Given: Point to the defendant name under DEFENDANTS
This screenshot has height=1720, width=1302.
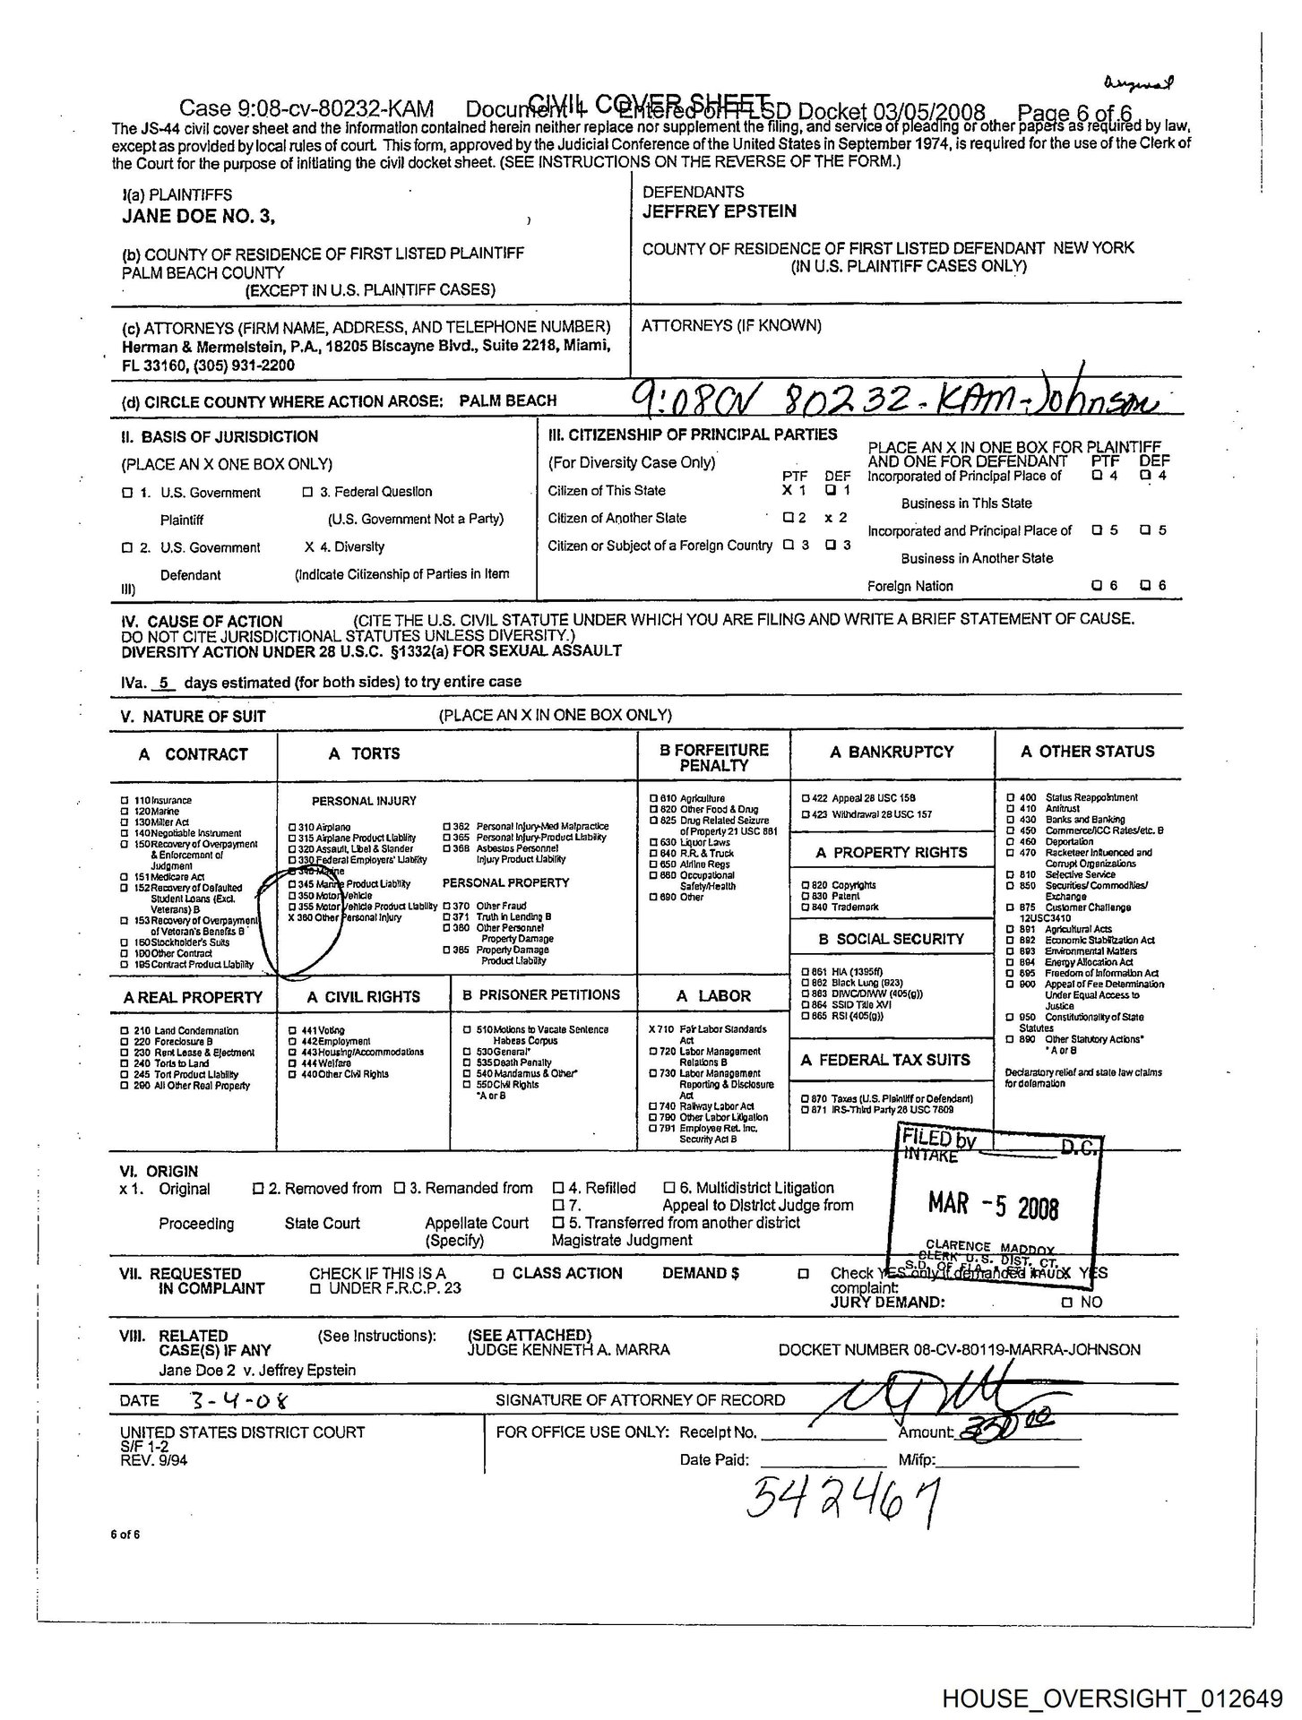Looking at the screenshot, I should [x=719, y=211].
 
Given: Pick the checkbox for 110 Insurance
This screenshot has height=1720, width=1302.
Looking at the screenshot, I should [x=125, y=800].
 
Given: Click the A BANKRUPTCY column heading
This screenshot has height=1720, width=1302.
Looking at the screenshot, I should [x=892, y=752].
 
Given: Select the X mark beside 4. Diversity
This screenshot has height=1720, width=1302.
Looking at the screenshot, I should [x=309, y=546].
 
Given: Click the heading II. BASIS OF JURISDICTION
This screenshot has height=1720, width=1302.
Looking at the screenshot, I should [x=220, y=437].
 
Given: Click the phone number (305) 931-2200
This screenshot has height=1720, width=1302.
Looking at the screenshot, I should [x=239, y=366].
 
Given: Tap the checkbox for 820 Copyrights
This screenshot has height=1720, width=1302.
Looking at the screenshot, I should [x=805, y=885].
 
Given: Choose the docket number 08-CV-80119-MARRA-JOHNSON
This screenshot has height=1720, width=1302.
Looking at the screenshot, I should [x=959, y=1349].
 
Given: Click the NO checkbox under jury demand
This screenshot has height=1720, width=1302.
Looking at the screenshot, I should [x=1065, y=1303].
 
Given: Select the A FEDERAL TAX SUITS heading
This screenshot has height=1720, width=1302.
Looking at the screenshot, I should [x=885, y=1061].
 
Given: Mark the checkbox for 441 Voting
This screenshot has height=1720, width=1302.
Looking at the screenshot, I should [x=292, y=1031].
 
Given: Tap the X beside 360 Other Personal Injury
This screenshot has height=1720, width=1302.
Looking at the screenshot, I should [x=289, y=917].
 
